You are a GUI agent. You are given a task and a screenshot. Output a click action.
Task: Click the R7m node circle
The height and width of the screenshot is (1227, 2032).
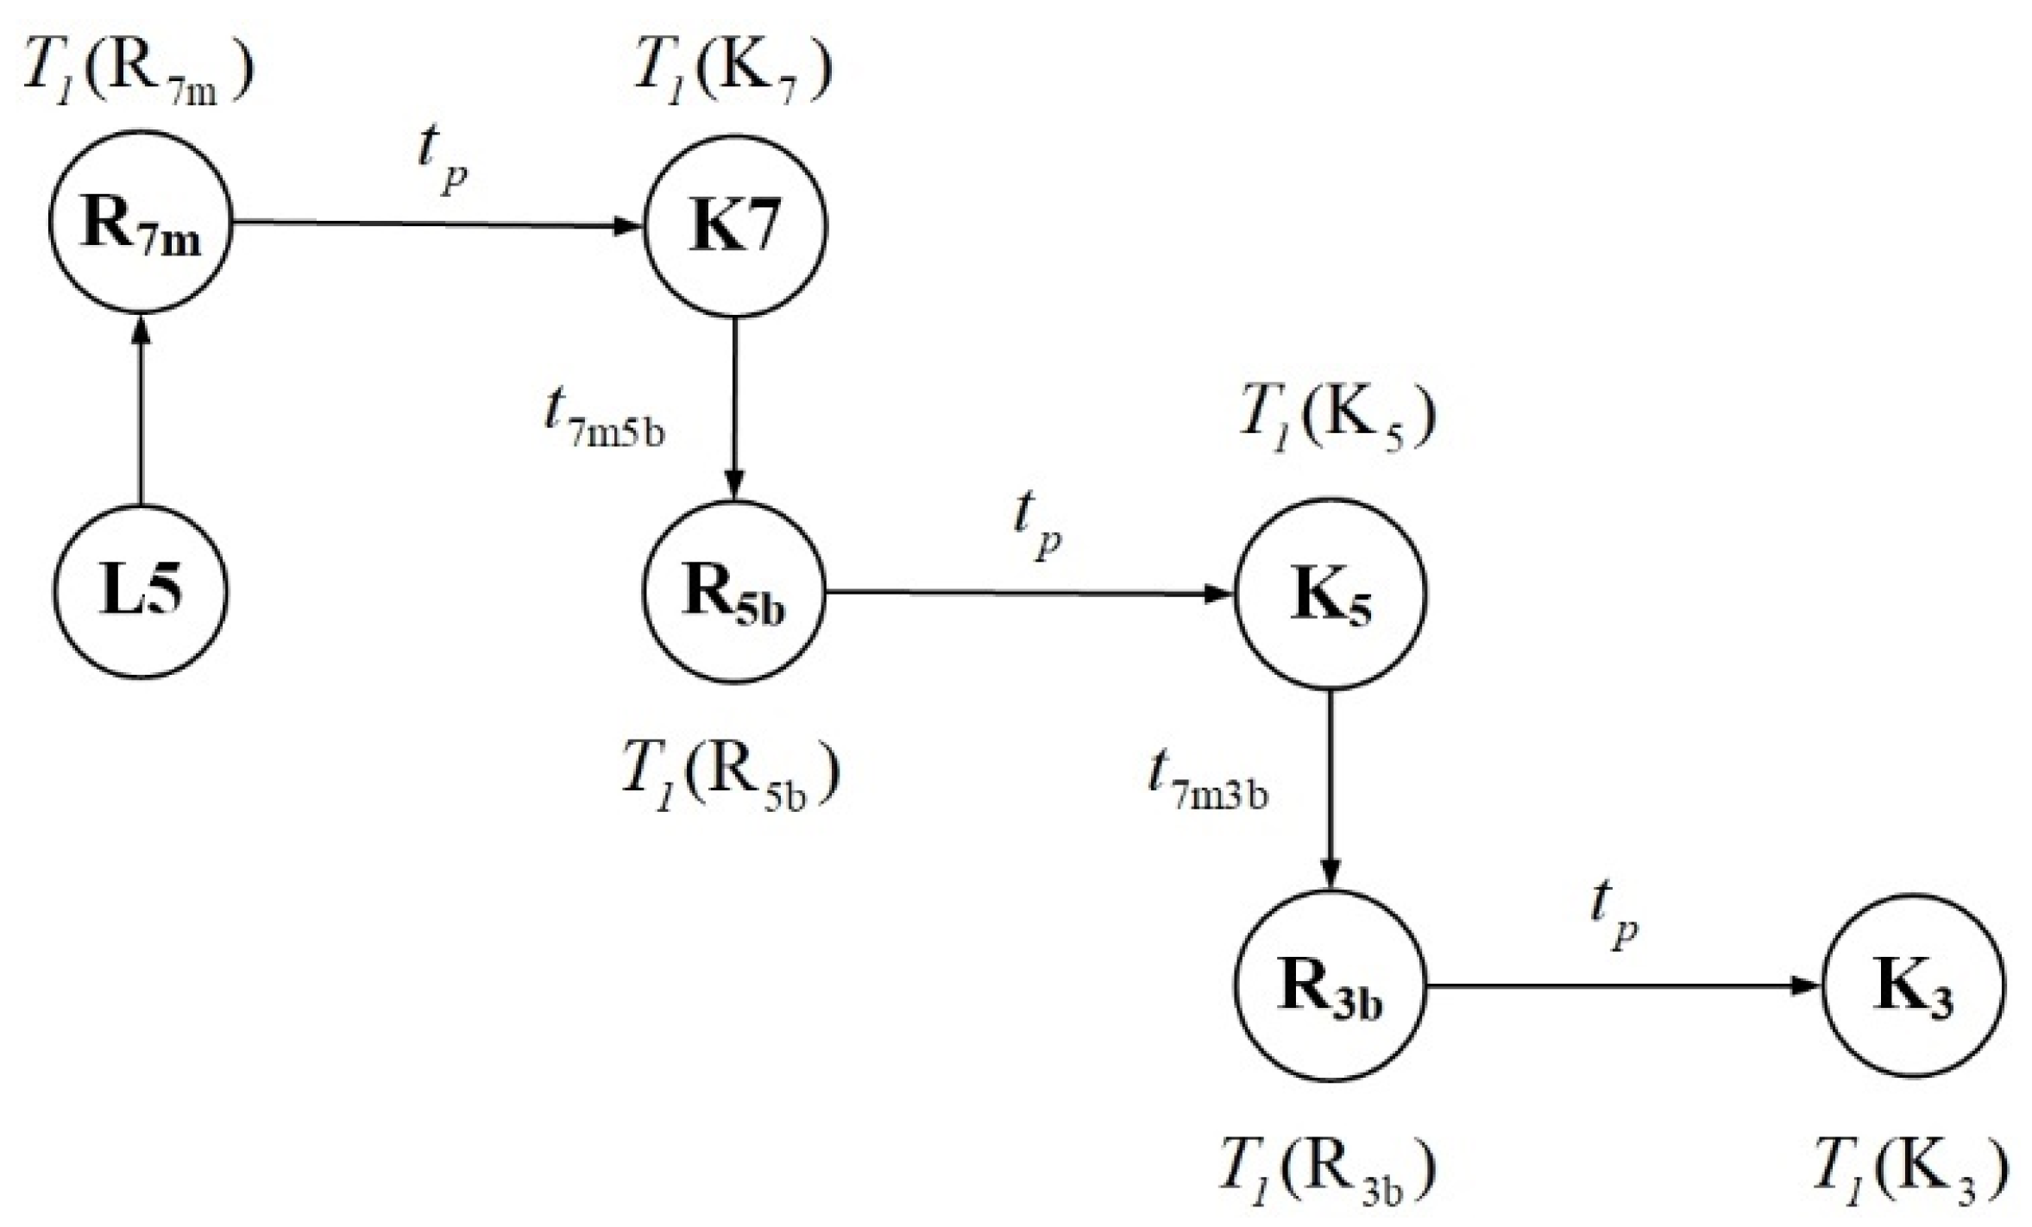point(141,223)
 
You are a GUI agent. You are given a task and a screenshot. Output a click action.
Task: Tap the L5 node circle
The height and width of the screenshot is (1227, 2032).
point(141,591)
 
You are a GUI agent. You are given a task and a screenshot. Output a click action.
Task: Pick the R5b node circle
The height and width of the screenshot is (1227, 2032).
point(735,593)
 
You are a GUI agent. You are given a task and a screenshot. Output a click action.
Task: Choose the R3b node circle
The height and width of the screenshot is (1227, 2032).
point(1330,986)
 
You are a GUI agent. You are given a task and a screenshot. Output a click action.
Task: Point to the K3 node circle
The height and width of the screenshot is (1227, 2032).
point(1913,986)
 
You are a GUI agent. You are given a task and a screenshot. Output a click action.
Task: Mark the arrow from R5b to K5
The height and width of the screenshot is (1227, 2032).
point(1027,593)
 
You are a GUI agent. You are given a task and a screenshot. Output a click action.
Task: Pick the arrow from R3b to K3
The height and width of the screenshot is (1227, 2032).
point(1622,985)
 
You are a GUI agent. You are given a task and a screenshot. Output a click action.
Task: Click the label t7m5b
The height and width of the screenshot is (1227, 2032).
point(604,418)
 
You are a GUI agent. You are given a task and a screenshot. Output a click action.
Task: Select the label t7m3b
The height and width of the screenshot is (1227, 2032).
point(1208,781)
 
